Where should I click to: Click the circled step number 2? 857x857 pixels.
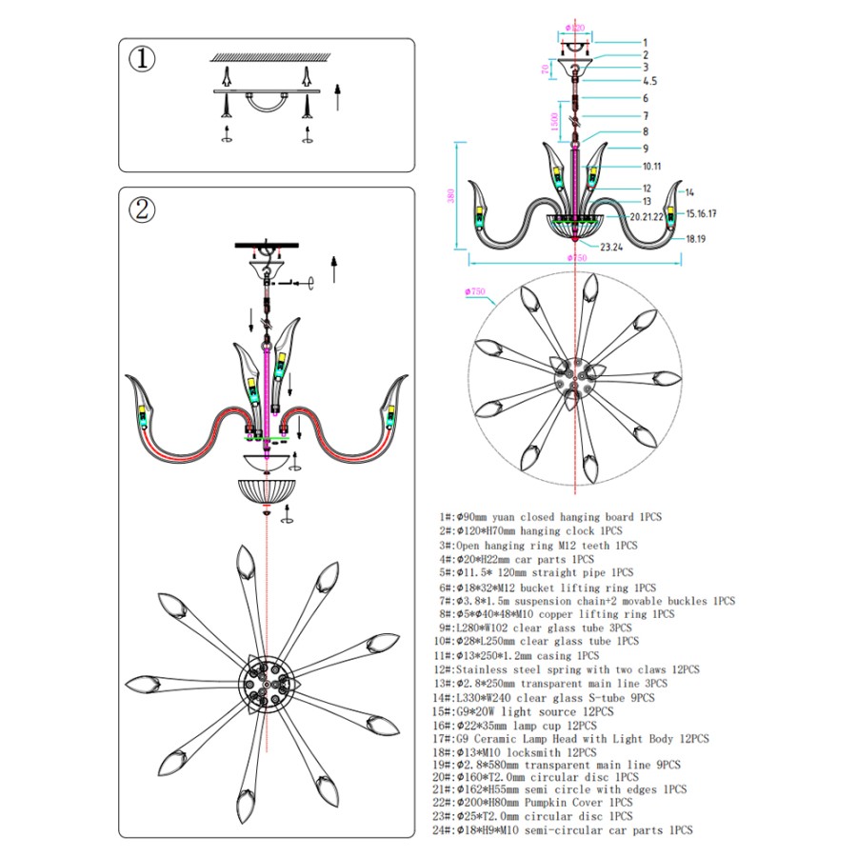(143, 209)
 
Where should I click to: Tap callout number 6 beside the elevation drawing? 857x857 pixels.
(645, 98)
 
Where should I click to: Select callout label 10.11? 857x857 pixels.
(652, 165)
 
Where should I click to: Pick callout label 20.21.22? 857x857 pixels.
(647, 216)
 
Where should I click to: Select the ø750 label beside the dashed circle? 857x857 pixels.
(476, 291)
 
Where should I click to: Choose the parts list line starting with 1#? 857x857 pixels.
(550, 516)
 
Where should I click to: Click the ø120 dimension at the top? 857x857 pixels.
(574, 30)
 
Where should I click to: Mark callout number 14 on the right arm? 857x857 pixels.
(689, 192)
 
